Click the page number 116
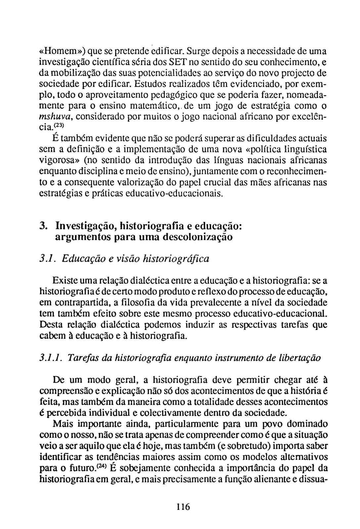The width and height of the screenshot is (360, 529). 183,506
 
